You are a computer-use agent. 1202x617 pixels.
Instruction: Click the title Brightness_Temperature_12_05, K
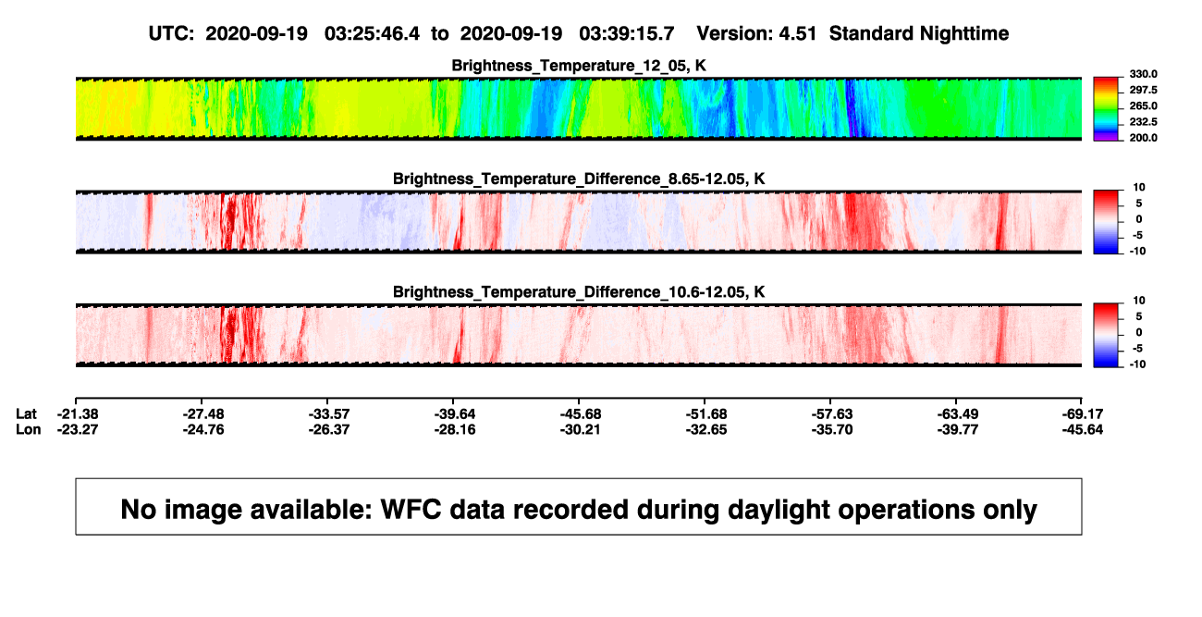click(x=579, y=66)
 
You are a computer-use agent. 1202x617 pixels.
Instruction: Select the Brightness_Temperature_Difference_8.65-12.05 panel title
click(x=579, y=179)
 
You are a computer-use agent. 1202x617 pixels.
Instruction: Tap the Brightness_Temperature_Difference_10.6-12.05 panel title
click(x=579, y=292)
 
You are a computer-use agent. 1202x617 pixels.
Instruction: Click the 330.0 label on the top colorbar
click(x=1143, y=74)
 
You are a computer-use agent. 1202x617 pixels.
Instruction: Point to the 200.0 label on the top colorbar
click(x=1143, y=138)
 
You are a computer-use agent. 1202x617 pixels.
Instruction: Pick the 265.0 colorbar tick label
click(x=1143, y=105)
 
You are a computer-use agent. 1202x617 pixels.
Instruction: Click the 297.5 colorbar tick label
click(x=1143, y=90)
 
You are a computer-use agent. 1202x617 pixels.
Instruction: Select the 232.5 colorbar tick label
click(x=1143, y=122)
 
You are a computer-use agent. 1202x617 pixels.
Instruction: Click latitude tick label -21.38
click(x=78, y=414)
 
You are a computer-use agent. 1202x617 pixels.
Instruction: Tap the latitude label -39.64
click(x=455, y=414)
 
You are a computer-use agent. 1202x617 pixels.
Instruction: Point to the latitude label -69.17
click(x=1083, y=414)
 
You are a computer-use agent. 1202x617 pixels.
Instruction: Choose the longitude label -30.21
click(x=580, y=429)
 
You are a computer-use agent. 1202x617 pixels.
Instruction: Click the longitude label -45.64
click(x=1083, y=429)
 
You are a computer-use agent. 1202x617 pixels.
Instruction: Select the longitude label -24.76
click(x=203, y=429)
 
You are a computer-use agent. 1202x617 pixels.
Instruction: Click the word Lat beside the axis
click(x=26, y=414)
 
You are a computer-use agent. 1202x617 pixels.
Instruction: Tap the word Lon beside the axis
click(x=28, y=429)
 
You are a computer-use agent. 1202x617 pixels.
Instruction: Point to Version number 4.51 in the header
click(x=797, y=34)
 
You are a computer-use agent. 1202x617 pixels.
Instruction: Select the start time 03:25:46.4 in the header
click(x=372, y=34)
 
